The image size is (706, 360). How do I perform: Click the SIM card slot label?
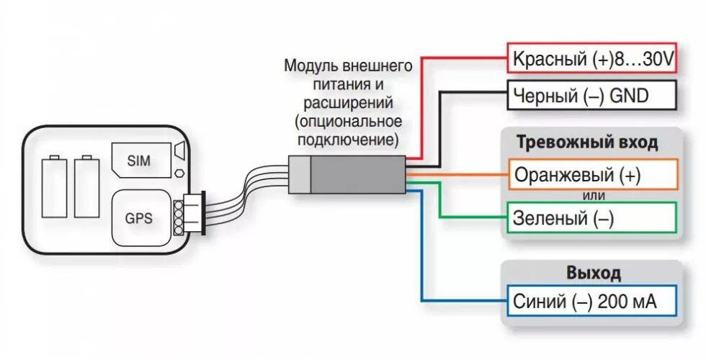(x=138, y=161)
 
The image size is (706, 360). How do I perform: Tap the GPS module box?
(x=138, y=217)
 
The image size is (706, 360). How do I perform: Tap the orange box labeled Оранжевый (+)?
(x=592, y=175)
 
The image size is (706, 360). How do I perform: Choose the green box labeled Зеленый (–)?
(x=592, y=218)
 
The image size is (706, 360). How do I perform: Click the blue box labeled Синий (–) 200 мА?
(x=592, y=302)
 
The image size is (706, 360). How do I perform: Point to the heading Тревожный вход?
(x=587, y=143)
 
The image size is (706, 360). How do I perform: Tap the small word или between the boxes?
(x=593, y=196)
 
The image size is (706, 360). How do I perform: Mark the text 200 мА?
(x=627, y=302)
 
